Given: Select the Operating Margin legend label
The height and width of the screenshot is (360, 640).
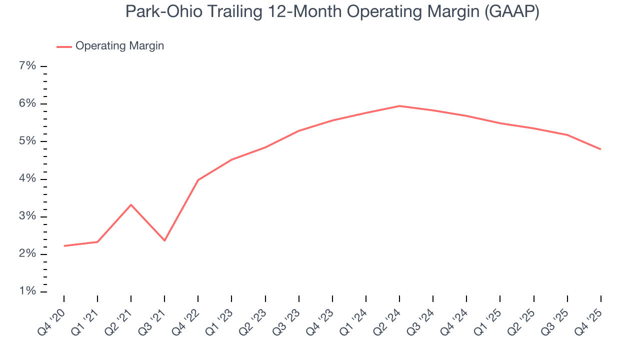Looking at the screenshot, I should click(119, 46).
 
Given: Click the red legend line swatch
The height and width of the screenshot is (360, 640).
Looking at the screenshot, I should click(64, 46).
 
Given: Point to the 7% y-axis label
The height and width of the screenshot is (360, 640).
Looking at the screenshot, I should click(28, 66).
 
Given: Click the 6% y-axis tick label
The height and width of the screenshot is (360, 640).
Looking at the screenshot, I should click(28, 103).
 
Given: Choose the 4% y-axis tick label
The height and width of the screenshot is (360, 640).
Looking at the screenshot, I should click(28, 179).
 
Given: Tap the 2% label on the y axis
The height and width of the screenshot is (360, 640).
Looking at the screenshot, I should click(28, 254).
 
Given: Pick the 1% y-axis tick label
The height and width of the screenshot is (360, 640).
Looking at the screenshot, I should click(28, 291).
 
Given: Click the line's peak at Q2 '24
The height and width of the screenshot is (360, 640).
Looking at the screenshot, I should click(399, 106).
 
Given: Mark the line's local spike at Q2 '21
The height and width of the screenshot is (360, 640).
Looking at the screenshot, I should click(131, 204).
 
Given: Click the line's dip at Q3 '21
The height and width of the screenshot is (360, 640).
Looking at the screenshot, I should click(164, 240).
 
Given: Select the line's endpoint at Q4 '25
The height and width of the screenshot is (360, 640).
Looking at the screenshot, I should click(600, 149).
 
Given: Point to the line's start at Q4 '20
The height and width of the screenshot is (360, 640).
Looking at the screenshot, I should click(64, 246).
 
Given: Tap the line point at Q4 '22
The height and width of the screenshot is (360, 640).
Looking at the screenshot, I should click(198, 180).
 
